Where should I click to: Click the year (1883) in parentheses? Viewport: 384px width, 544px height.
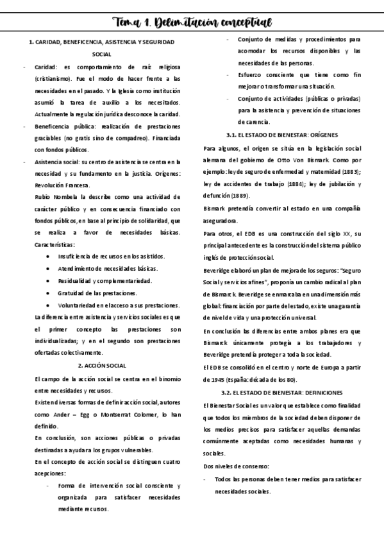[350, 172]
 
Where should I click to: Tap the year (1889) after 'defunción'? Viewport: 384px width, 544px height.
[237, 196]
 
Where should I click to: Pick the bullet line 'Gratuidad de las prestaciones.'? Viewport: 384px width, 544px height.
[90, 293]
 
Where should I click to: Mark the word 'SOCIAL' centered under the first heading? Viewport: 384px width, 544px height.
[102, 55]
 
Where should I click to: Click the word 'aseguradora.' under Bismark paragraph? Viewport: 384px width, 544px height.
[221, 220]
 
